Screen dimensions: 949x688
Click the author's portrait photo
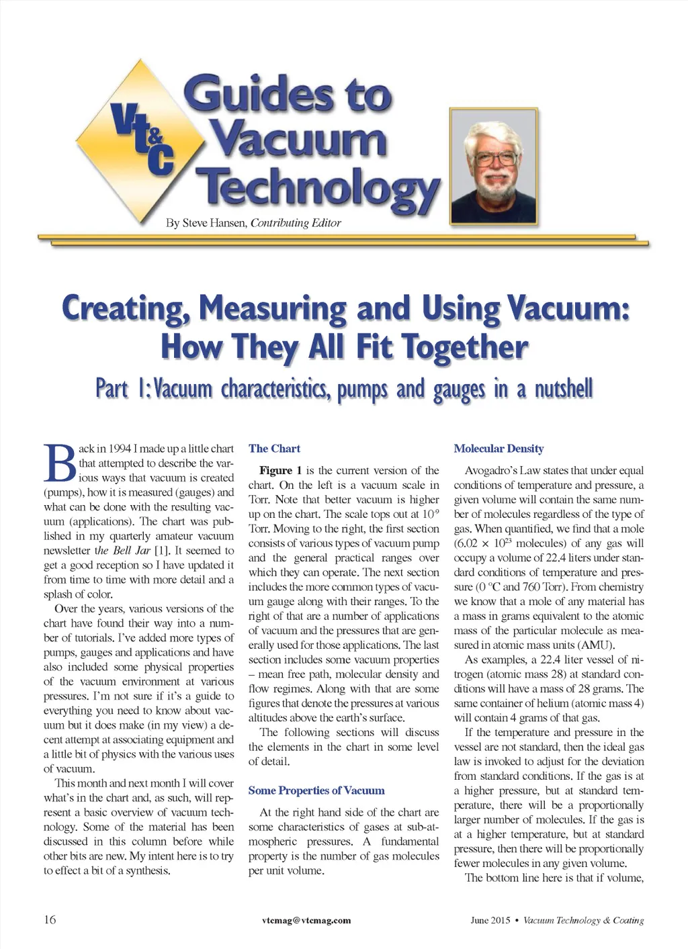[x=494, y=166]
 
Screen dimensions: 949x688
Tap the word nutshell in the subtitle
[x=563, y=390]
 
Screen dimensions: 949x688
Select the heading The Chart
[x=274, y=449]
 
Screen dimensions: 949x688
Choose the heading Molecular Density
[x=499, y=449]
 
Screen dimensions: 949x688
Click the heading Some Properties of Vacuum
[x=316, y=790]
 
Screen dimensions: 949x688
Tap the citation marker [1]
[x=161, y=551]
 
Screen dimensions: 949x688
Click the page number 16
[x=50, y=919]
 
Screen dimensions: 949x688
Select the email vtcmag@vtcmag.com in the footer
[x=306, y=920]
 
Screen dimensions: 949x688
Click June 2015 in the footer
[x=490, y=920]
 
